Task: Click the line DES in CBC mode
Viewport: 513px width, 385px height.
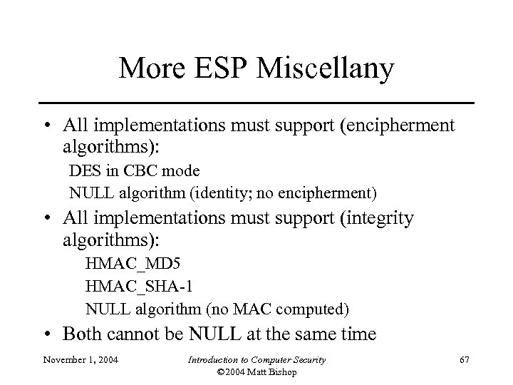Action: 134,172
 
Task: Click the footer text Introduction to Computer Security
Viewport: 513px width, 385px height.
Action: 256,361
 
